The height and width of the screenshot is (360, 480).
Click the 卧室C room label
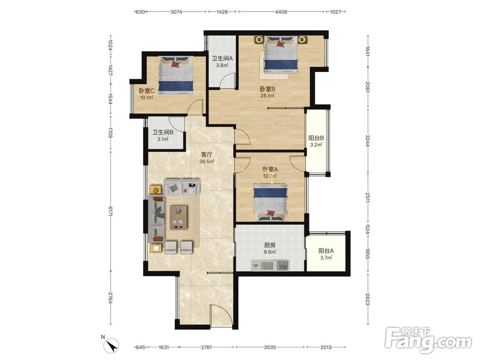coord(146,91)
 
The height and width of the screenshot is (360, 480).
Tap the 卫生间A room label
coord(223,59)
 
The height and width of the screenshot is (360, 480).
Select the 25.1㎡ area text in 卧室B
coord(267,96)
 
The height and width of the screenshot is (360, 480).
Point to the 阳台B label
coord(316,138)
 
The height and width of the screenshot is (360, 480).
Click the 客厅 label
coord(206,155)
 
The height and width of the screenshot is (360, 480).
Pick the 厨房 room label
coord(270,245)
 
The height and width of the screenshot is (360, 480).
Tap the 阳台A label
coord(326,251)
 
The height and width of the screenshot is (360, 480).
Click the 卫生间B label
coord(163,132)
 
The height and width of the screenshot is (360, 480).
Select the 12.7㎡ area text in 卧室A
coord(270,176)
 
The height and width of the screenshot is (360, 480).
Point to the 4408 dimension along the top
coord(281,12)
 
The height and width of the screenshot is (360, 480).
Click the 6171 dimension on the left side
coord(110,212)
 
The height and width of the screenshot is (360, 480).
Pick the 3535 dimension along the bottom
coord(270,347)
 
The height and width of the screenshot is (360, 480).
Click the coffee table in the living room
coord(179,217)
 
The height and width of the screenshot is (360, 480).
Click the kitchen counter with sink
coord(270,265)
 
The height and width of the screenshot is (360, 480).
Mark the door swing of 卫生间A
coord(228,81)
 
